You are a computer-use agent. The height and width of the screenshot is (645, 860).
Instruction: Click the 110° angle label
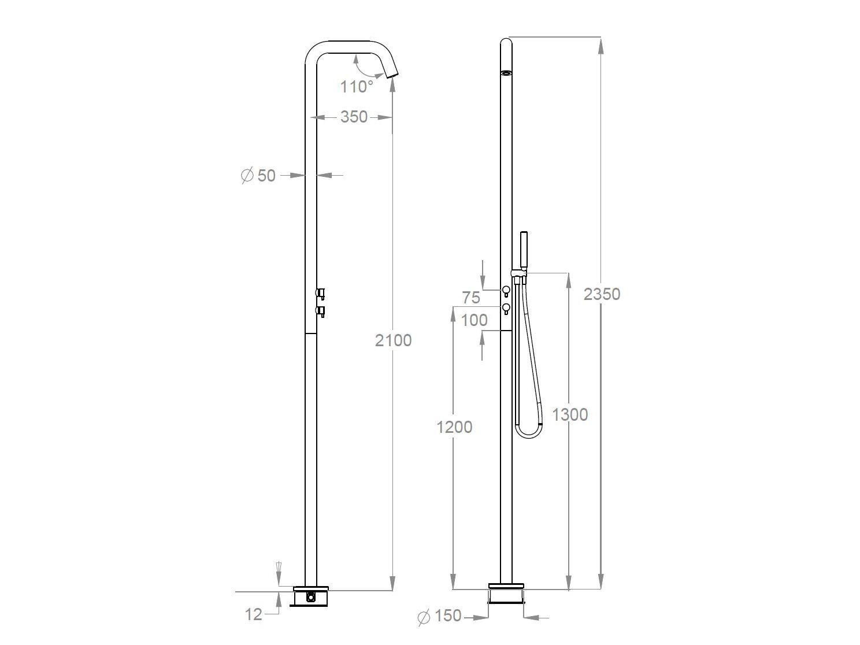point(356,87)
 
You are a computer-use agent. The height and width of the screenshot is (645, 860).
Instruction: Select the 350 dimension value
point(354,117)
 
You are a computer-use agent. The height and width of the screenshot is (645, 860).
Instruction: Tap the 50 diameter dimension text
point(266,175)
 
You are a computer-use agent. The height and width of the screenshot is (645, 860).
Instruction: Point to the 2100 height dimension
point(393,340)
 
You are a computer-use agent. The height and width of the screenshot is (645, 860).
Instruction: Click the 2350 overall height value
point(602,294)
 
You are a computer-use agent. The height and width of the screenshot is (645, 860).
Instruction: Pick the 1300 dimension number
point(570,414)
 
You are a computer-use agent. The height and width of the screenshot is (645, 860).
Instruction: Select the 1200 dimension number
point(454,427)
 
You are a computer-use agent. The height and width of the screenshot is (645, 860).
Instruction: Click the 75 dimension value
point(471,298)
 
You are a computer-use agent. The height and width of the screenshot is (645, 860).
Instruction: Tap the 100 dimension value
point(474,320)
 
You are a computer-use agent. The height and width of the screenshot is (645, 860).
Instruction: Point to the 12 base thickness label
point(254,614)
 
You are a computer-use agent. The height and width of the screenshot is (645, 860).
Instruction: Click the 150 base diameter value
point(447,616)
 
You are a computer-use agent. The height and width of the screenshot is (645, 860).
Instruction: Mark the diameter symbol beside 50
point(247,175)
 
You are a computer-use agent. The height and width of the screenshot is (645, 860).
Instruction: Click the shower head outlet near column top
point(506,73)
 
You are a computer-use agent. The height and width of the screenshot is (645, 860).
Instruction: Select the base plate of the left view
point(311,588)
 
